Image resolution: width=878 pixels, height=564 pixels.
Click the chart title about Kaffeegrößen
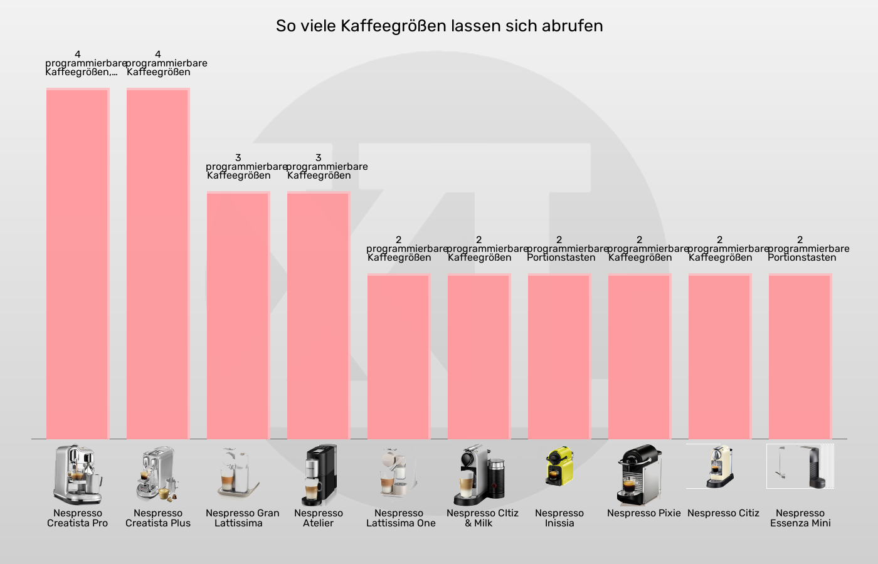(439, 26)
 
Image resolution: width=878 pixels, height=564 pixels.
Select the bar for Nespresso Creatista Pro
(78, 263)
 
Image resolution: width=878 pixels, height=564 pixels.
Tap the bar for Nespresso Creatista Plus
(158, 263)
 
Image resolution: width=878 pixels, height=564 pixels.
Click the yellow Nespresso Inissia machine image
(559, 466)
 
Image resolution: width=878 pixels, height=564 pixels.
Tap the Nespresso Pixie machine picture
(640, 474)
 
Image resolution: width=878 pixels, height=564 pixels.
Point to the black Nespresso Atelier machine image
(319, 474)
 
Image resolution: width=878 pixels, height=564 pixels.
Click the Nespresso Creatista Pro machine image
(78, 474)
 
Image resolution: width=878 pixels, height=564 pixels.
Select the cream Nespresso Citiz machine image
(720, 467)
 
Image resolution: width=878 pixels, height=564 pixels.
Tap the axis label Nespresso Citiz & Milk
(482, 518)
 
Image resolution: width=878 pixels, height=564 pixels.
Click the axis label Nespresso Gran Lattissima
(242, 518)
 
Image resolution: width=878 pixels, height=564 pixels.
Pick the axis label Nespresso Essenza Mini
(800, 518)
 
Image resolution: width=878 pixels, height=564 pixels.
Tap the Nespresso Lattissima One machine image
(399, 474)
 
